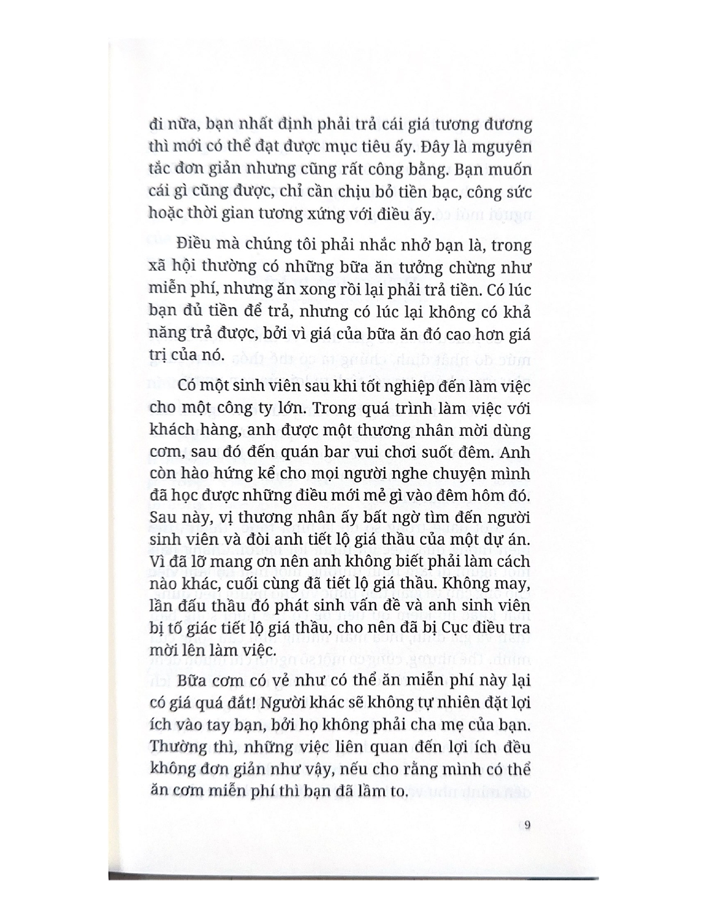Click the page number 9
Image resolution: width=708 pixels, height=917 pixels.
(527, 825)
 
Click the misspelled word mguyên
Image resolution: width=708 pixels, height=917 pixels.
(501, 147)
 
